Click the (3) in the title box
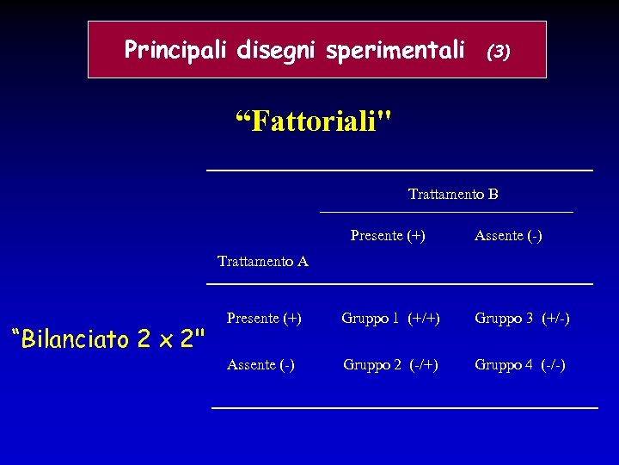pos(499,52)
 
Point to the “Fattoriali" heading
pos(313,121)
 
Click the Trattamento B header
pos(453,195)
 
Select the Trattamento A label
pos(263,262)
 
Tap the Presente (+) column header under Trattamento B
pos(388,235)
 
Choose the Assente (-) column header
pos(508,236)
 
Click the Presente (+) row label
pos(264,318)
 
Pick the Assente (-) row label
pos(260,365)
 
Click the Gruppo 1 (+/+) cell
pos(391,319)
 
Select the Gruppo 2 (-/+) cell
pos(390,365)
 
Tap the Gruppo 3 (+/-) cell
pos(522,319)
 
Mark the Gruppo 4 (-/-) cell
pos(520,365)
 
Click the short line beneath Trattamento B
pos(446,212)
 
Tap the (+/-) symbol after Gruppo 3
pos(555,319)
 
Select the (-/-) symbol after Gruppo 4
pos(553,365)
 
